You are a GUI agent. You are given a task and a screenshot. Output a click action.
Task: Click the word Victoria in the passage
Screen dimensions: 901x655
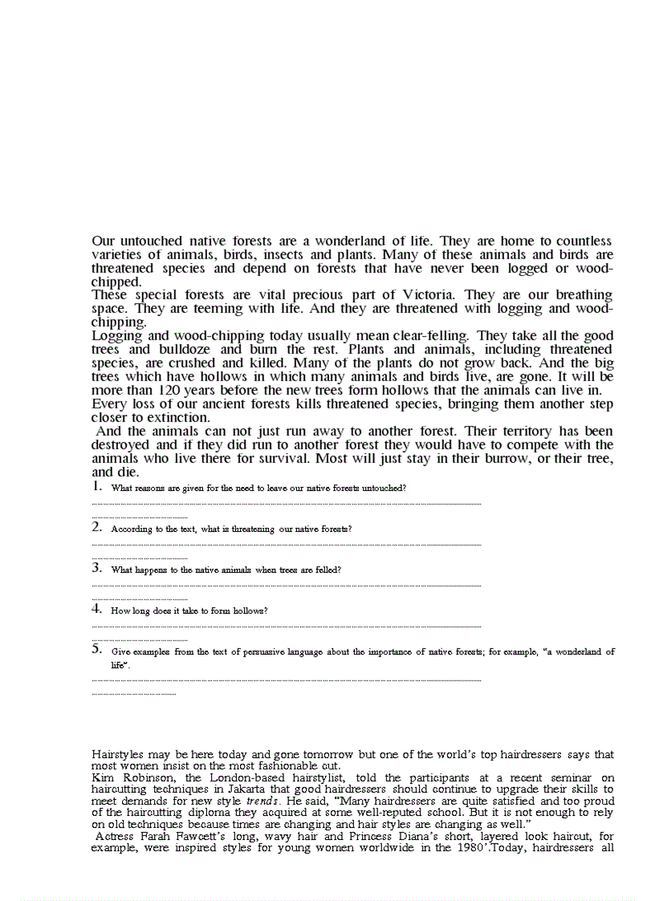(x=430, y=294)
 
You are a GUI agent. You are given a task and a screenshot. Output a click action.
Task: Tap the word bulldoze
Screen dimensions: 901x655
(x=185, y=349)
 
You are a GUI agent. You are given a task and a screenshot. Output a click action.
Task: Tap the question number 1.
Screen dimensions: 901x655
(x=96, y=486)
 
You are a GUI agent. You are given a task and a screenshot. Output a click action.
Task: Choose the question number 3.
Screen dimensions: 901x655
(x=96, y=568)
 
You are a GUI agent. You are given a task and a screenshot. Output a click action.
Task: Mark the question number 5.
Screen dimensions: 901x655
(x=96, y=650)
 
